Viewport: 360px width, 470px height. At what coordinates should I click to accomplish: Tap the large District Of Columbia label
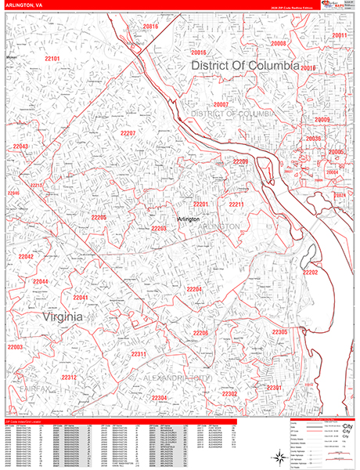click(x=244, y=67)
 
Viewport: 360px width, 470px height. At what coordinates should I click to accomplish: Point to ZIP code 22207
click(x=128, y=134)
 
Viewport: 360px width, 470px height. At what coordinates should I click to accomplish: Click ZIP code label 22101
click(x=52, y=59)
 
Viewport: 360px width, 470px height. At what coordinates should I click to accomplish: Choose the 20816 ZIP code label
click(x=150, y=27)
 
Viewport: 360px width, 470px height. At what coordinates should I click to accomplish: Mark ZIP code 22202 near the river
click(x=311, y=273)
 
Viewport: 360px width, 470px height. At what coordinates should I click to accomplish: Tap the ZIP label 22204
click(x=194, y=290)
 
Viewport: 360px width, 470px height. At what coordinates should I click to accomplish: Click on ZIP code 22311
click(x=139, y=355)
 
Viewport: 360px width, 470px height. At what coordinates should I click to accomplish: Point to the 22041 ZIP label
click(x=81, y=298)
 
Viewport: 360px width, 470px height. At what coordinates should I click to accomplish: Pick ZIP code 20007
click(x=221, y=105)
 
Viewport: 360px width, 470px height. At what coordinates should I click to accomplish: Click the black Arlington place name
click(x=188, y=219)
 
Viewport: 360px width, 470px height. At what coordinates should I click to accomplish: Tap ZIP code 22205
click(x=99, y=217)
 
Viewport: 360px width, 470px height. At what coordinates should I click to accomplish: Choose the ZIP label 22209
click(x=240, y=161)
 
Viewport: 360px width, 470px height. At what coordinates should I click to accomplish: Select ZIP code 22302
click(x=229, y=393)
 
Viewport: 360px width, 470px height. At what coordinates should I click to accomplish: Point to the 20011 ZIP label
click(x=340, y=36)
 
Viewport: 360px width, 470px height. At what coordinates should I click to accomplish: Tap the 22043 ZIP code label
click(x=20, y=146)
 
